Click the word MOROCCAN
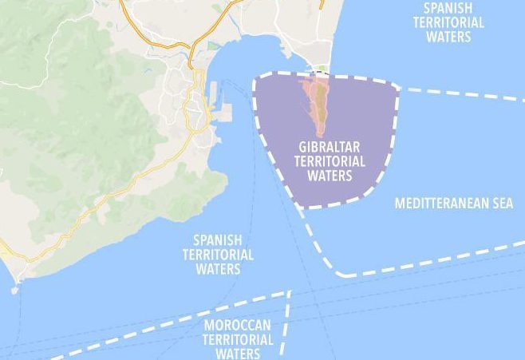pos(238,326)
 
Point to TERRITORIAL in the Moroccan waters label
pos(238,339)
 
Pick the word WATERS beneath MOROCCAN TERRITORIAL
pos(238,353)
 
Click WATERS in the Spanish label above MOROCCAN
pos(218,269)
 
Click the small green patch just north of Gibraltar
pos(321,69)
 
